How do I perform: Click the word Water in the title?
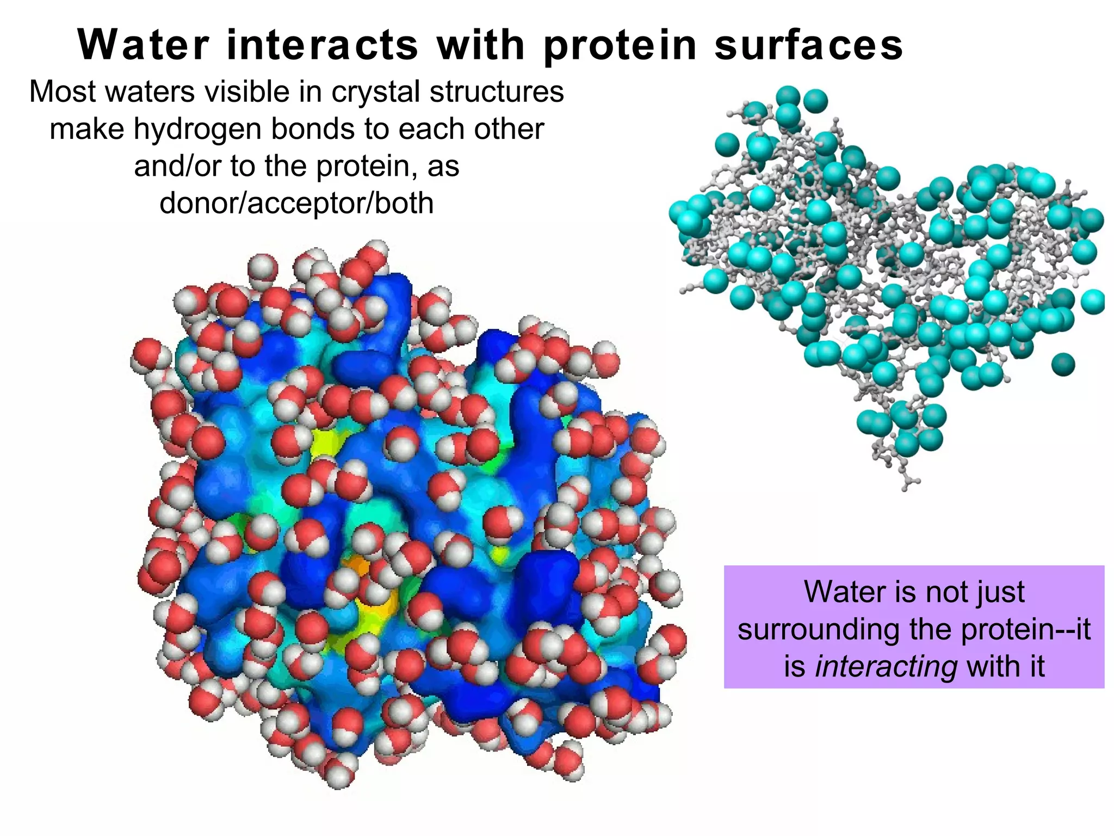(143, 45)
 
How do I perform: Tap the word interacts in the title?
(322, 45)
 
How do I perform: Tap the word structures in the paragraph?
(496, 91)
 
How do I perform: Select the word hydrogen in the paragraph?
(198, 130)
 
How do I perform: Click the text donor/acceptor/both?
(296, 203)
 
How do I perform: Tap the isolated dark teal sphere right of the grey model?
(1063, 364)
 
